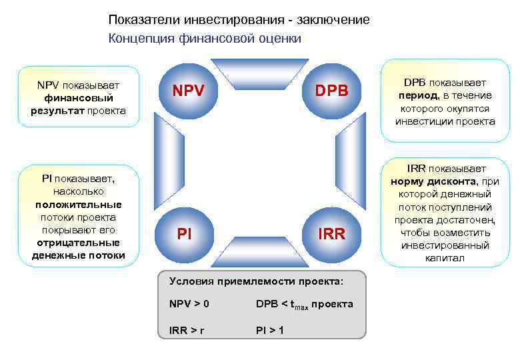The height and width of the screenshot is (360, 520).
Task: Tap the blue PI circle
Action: (185, 234)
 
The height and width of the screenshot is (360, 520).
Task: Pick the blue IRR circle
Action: (331, 234)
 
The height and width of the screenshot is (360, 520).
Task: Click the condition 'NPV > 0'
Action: (189, 304)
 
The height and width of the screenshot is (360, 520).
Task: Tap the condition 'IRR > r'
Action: (187, 330)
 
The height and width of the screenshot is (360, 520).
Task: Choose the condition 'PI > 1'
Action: (270, 330)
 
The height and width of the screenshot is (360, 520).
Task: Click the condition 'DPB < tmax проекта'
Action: (305, 305)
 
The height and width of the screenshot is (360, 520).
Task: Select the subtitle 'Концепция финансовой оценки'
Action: (205, 39)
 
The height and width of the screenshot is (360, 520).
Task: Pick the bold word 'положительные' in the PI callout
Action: (78, 205)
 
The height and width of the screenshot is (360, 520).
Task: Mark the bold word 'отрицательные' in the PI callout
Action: (78, 243)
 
